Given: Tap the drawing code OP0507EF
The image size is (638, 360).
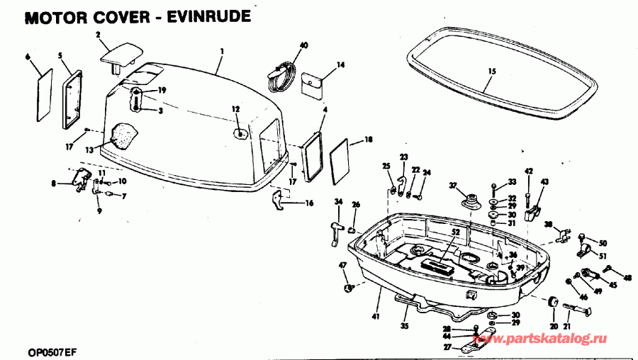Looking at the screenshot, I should pyautogui.click(x=53, y=351).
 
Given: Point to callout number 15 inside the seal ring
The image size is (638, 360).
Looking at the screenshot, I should pyautogui.click(x=492, y=71).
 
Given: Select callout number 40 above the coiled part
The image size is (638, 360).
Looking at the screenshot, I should pyautogui.click(x=303, y=45).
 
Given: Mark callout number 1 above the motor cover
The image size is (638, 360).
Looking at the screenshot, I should pyautogui.click(x=221, y=51).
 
